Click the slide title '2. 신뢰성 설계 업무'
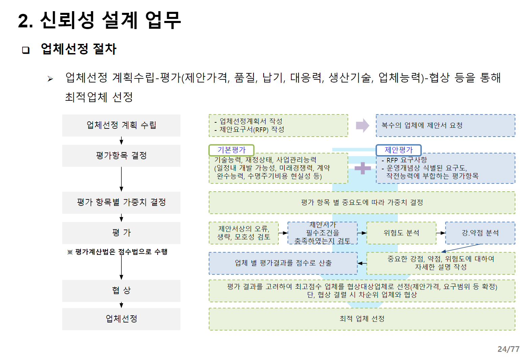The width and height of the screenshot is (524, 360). point(99,20)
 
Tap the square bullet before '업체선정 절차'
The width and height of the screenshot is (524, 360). point(26,50)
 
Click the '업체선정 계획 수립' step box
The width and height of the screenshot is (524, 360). point(121,125)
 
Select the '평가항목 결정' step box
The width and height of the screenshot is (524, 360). point(121,155)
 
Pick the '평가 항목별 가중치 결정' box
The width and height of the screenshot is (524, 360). point(121,202)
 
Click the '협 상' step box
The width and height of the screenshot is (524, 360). point(121,290)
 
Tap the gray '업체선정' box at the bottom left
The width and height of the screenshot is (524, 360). point(121,319)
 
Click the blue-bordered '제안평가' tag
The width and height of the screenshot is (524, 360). point(398,150)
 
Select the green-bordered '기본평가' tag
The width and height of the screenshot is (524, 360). point(231,150)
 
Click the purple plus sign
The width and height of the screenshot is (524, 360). point(363,168)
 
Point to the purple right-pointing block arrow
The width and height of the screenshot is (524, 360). point(362,125)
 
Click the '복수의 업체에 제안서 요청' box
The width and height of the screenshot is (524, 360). point(445,125)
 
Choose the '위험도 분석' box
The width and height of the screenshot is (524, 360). point(401,233)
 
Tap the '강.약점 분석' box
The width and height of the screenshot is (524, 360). point(480,233)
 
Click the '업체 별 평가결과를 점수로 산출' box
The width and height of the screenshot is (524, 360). point(283,263)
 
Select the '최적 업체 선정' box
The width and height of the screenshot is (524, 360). point(362,319)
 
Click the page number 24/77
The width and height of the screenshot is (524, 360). point(508,349)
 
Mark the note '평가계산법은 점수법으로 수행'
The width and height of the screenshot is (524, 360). point(117,252)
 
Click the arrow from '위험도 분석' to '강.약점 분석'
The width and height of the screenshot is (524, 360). point(441,233)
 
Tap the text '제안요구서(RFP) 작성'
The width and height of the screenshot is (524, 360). point(252,129)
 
